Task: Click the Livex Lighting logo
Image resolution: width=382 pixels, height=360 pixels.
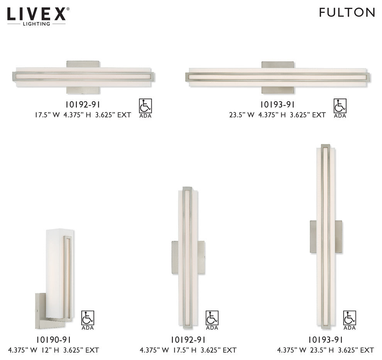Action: [38, 15]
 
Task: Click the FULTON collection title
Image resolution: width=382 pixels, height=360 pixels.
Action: [347, 12]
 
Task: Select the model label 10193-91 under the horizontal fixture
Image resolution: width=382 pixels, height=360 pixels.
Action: [277, 104]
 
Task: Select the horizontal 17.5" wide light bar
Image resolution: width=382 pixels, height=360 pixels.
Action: [84, 76]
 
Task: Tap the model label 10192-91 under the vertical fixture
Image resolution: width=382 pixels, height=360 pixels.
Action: [188, 340]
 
